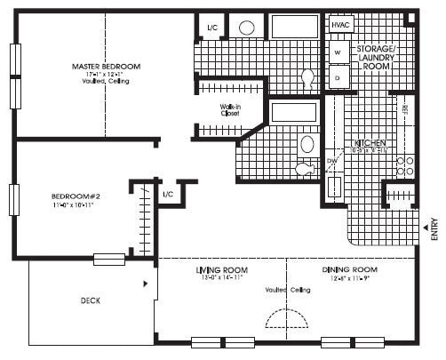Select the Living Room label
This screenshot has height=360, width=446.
point(221,269)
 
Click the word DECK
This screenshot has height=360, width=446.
point(88,300)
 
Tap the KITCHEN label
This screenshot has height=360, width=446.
point(369,143)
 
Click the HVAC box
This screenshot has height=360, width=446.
point(342,25)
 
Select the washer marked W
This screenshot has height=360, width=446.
point(338,53)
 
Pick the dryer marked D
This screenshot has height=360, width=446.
point(338,77)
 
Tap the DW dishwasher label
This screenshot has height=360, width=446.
point(331,161)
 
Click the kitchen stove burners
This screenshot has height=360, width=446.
point(405,166)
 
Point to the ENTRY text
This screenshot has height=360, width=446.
point(434,229)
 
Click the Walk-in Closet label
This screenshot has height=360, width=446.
point(231,111)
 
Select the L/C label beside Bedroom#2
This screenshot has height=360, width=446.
point(168,194)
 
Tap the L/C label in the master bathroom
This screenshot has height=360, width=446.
point(212,28)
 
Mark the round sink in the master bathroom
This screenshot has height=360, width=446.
point(247,28)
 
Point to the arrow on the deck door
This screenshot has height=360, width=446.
point(145,284)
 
